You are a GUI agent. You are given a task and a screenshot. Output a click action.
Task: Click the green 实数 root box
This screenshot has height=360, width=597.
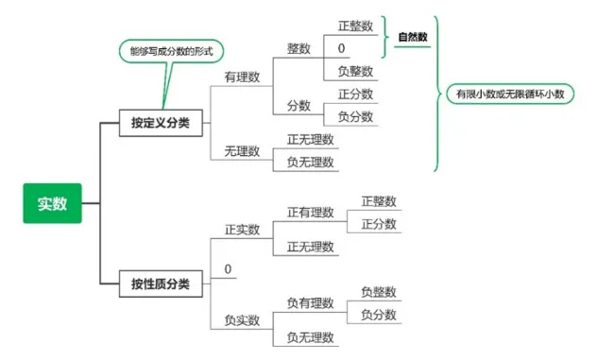53,203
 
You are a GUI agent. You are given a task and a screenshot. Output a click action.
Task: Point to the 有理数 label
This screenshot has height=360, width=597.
242,78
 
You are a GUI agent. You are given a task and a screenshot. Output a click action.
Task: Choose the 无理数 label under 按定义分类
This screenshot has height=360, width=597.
242,150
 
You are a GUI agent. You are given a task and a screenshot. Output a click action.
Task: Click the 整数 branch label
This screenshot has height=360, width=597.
298,49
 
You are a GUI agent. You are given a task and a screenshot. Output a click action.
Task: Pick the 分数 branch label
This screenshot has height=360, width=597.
298,106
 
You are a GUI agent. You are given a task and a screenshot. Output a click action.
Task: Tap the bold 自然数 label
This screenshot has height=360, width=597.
412,37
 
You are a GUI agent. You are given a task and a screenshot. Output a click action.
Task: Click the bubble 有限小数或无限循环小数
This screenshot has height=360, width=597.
510,94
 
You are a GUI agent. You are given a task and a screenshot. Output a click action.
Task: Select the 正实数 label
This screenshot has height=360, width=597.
242,230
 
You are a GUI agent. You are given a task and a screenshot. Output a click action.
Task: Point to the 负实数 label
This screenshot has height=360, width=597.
242,320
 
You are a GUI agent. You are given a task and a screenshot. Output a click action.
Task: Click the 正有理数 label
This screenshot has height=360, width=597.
310,212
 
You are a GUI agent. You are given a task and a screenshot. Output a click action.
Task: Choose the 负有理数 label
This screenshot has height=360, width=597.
310,302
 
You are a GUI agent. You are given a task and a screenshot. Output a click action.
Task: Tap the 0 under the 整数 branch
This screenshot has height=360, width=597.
341,48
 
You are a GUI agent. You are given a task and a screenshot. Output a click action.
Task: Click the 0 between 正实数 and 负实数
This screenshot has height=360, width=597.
228,270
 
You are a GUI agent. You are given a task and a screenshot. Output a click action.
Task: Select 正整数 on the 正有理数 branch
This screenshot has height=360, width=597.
379,201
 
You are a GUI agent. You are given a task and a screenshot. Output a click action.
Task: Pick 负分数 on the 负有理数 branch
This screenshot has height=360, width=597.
379,315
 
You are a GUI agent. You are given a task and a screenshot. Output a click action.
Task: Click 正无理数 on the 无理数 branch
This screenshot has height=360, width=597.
310,139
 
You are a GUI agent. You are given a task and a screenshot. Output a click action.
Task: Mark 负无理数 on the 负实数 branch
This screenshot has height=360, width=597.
310,337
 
